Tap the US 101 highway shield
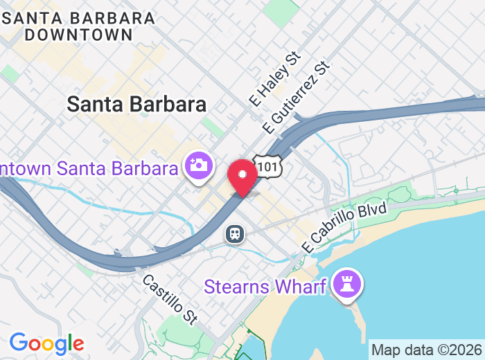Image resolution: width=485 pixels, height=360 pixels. click(x=265, y=164)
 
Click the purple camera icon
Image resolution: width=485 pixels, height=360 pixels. click(x=198, y=167)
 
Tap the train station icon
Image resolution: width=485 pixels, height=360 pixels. click(x=235, y=234)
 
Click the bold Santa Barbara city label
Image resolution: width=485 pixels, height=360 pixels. click(x=136, y=105)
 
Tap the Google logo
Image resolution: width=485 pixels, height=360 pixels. click(x=46, y=343)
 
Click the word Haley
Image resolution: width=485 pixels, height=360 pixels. click(x=280, y=73)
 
